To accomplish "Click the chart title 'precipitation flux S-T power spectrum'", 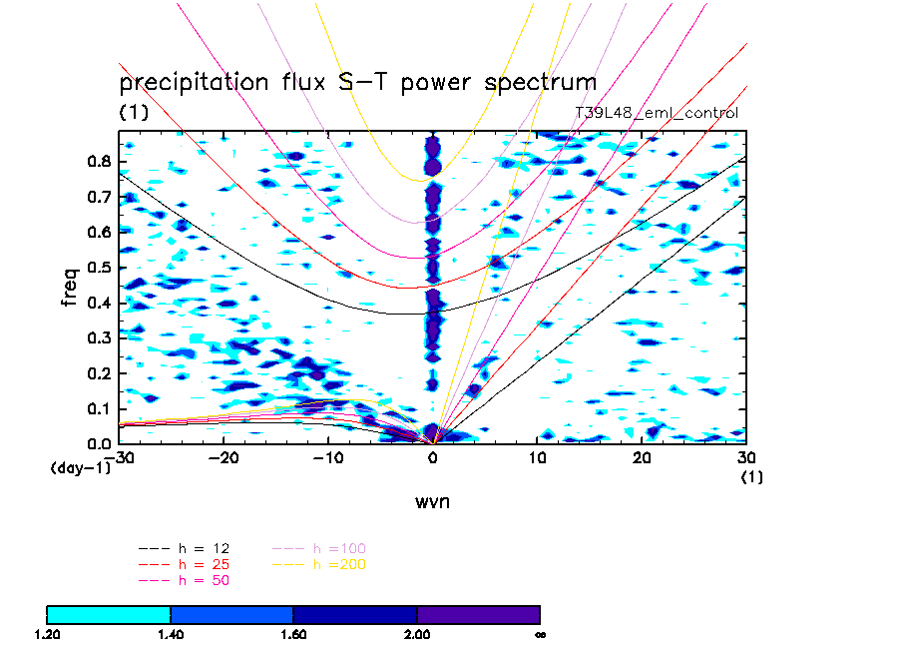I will tap(357, 82).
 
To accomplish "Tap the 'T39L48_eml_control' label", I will tap(657, 114).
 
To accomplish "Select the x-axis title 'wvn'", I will tap(433, 502).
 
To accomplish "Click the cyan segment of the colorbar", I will tap(109, 614).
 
